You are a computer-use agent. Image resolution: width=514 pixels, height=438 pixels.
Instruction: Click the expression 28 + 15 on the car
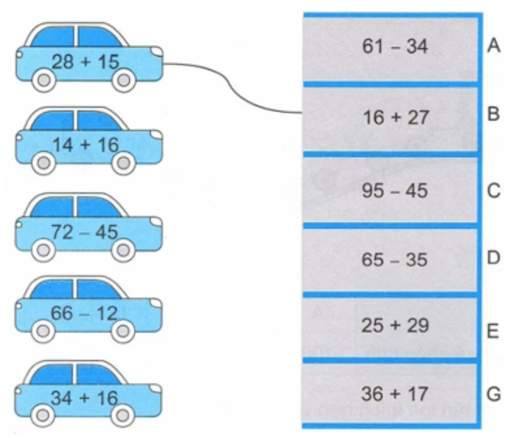85,62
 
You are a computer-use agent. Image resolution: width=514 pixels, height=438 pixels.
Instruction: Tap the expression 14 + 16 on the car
85,145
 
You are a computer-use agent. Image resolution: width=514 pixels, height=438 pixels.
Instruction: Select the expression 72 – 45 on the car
85,232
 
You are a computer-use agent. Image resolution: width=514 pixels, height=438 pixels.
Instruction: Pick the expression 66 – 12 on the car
84,313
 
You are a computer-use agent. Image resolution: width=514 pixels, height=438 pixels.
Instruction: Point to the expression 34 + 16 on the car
84,398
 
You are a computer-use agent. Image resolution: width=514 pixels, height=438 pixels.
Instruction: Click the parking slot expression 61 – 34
395,46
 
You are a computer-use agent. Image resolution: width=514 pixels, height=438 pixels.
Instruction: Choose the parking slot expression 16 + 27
396,118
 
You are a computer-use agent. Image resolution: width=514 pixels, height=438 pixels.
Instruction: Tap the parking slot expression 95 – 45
395,191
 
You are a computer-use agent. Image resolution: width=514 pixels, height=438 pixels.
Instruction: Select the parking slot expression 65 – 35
395,260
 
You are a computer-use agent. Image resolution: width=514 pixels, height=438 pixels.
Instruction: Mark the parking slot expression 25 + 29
395,326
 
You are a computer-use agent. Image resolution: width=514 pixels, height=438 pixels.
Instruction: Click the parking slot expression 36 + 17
395,394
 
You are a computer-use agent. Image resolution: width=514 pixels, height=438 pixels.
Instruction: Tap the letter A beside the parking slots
494,45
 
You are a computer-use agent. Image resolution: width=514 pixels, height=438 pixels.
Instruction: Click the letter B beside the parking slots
493,114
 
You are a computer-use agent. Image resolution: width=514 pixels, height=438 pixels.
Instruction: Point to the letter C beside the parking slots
494,191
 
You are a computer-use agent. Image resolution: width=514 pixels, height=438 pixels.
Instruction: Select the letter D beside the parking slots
493,258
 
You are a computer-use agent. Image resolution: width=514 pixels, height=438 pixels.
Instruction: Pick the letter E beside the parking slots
493,331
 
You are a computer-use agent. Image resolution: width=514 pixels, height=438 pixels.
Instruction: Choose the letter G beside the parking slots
494,394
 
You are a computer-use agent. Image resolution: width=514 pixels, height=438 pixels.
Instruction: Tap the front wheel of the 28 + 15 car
123,80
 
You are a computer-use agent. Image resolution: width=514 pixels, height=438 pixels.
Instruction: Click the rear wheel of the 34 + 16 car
43,416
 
